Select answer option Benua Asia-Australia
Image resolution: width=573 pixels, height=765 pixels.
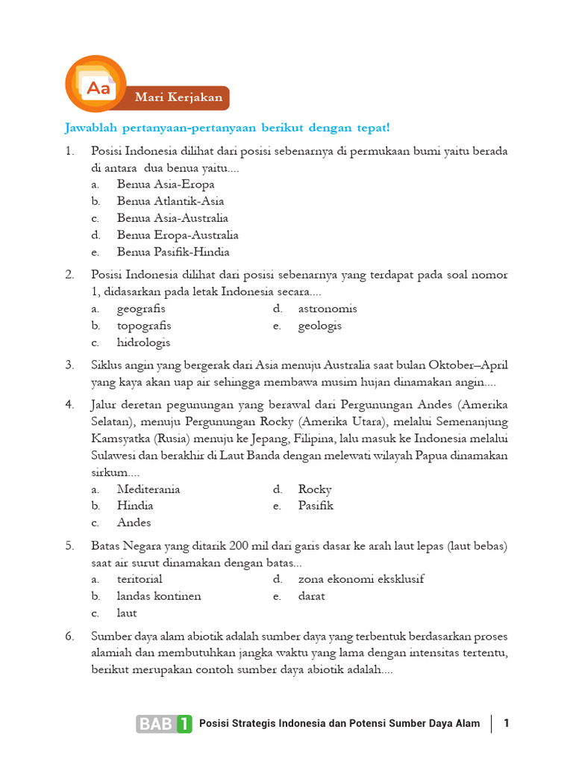[172, 218]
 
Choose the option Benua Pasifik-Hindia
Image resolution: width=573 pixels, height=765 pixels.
[172, 252]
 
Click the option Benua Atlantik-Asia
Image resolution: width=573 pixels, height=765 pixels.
[170, 201]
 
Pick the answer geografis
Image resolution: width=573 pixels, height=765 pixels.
[141, 309]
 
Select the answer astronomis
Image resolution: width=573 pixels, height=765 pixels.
[328, 309]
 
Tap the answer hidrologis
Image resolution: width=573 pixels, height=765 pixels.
[143, 342]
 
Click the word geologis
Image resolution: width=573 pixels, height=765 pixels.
[320, 326]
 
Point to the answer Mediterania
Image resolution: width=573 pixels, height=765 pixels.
[148, 489]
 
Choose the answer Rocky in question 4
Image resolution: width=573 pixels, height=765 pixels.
[315, 489]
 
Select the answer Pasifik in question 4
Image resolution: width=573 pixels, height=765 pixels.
[316, 506]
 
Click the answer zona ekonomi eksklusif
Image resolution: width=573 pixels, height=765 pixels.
[361, 579]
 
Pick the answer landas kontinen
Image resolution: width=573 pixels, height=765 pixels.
[159, 596]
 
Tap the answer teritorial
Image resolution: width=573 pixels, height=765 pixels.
[140, 579]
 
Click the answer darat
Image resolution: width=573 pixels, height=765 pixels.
[311, 596]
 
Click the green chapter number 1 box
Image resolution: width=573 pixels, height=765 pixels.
[184, 723]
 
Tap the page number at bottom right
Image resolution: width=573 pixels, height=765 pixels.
[507, 723]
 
